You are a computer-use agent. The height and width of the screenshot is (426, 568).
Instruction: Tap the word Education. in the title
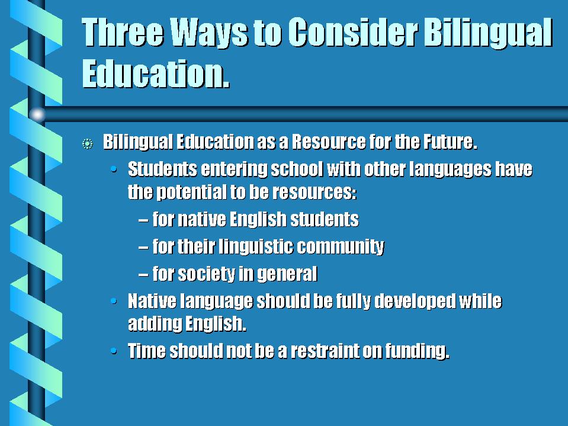coord(156,73)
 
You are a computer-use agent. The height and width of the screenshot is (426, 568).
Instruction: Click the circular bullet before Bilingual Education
coord(87,144)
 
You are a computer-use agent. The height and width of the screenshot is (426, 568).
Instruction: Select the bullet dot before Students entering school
coord(114,169)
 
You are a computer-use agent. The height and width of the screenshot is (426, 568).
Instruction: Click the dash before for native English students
coord(143,220)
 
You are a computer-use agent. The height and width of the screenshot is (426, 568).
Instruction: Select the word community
coord(341,247)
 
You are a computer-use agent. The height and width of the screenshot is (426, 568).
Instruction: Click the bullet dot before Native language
coord(114,300)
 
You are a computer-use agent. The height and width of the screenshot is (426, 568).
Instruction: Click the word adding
coord(155,323)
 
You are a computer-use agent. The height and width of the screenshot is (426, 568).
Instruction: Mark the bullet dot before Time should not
coord(114,351)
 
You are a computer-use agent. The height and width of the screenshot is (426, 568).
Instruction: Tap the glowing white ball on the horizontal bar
coord(37,114)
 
